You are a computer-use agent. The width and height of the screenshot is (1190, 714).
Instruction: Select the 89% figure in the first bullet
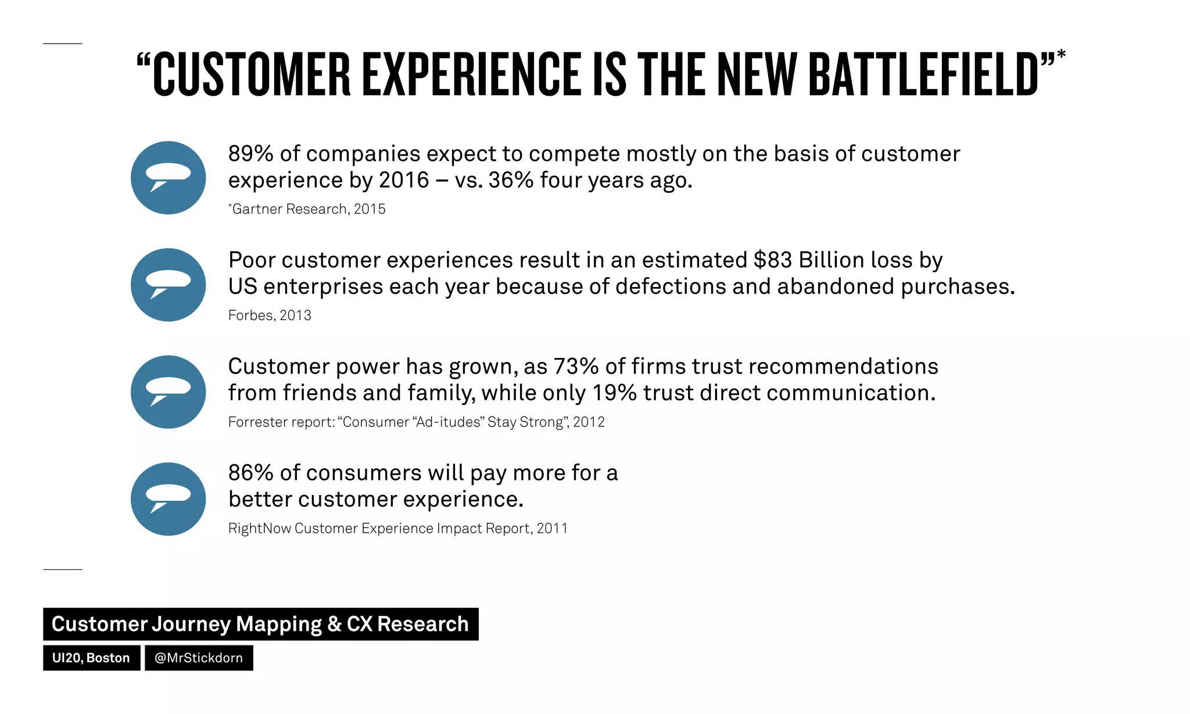pyautogui.click(x=250, y=154)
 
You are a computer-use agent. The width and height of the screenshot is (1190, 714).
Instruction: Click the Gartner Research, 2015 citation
pyautogui.click(x=307, y=209)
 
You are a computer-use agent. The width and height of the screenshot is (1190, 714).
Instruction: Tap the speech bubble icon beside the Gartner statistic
pyautogui.click(x=169, y=178)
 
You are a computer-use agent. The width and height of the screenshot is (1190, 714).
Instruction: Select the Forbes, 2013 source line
pyautogui.click(x=270, y=315)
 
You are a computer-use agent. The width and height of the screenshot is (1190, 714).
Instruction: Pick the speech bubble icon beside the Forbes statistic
pyautogui.click(x=169, y=285)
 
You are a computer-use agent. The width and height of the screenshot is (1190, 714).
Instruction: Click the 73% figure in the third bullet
pyautogui.click(x=576, y=367)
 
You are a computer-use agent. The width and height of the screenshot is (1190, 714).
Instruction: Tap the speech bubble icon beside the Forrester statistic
pyautogui.click(x=169, y=392)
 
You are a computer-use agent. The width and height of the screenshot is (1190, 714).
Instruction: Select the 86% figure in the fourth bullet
pyautogui.click(x=250, y=473)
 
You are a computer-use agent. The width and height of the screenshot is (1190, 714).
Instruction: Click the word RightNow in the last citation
pyautogui.click(x=259, y=529)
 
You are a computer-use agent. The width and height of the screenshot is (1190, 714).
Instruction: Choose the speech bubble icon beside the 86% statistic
pyautogui.click(x=169, y=499)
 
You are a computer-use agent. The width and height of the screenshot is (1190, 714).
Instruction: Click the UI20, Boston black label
pyautogui.click(x=91, y=658)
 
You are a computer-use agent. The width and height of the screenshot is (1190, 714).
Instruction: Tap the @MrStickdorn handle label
pyautogui.click(x=199, y=658)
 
